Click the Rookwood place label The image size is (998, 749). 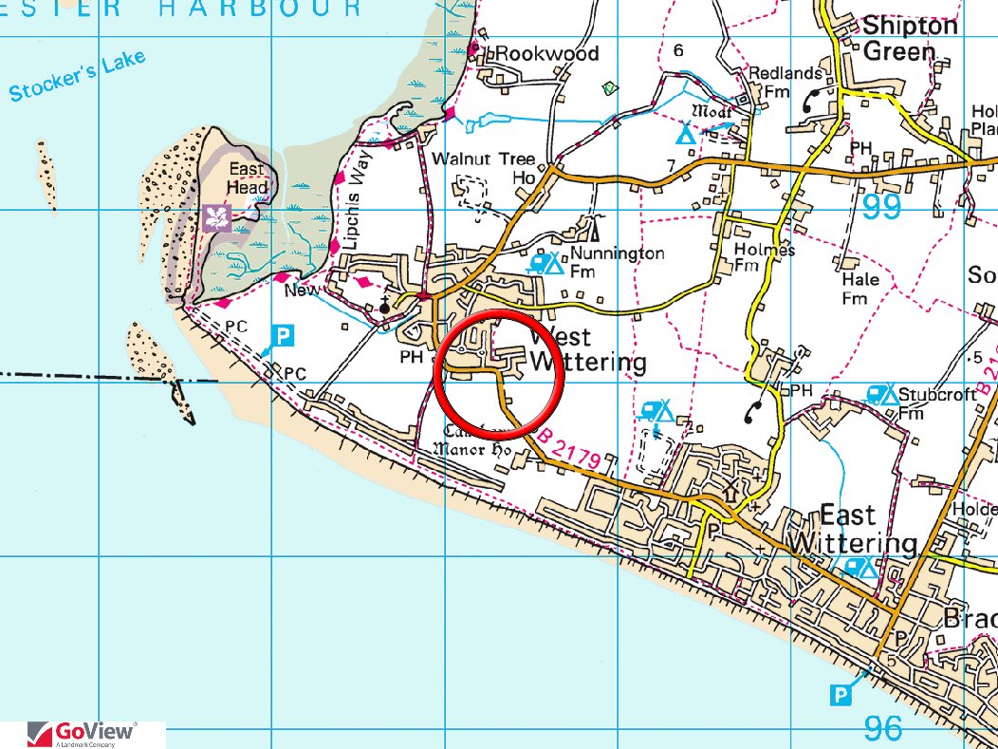[x=547, y=54]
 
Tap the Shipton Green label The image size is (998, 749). [x=910, y=38]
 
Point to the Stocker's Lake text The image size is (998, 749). [x=78, y=76]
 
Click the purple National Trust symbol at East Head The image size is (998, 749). [x=216, y=217]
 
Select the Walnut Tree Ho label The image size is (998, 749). [x=483, y=168]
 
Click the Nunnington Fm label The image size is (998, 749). [x=617, y=263]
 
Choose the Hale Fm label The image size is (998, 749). [x=859, y=289]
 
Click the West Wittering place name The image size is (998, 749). [x=586, y=349]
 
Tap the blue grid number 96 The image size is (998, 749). [x=883, y=728]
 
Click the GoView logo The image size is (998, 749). [x=83, y=734]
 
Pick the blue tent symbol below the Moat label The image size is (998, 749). [x=685, y=135]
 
